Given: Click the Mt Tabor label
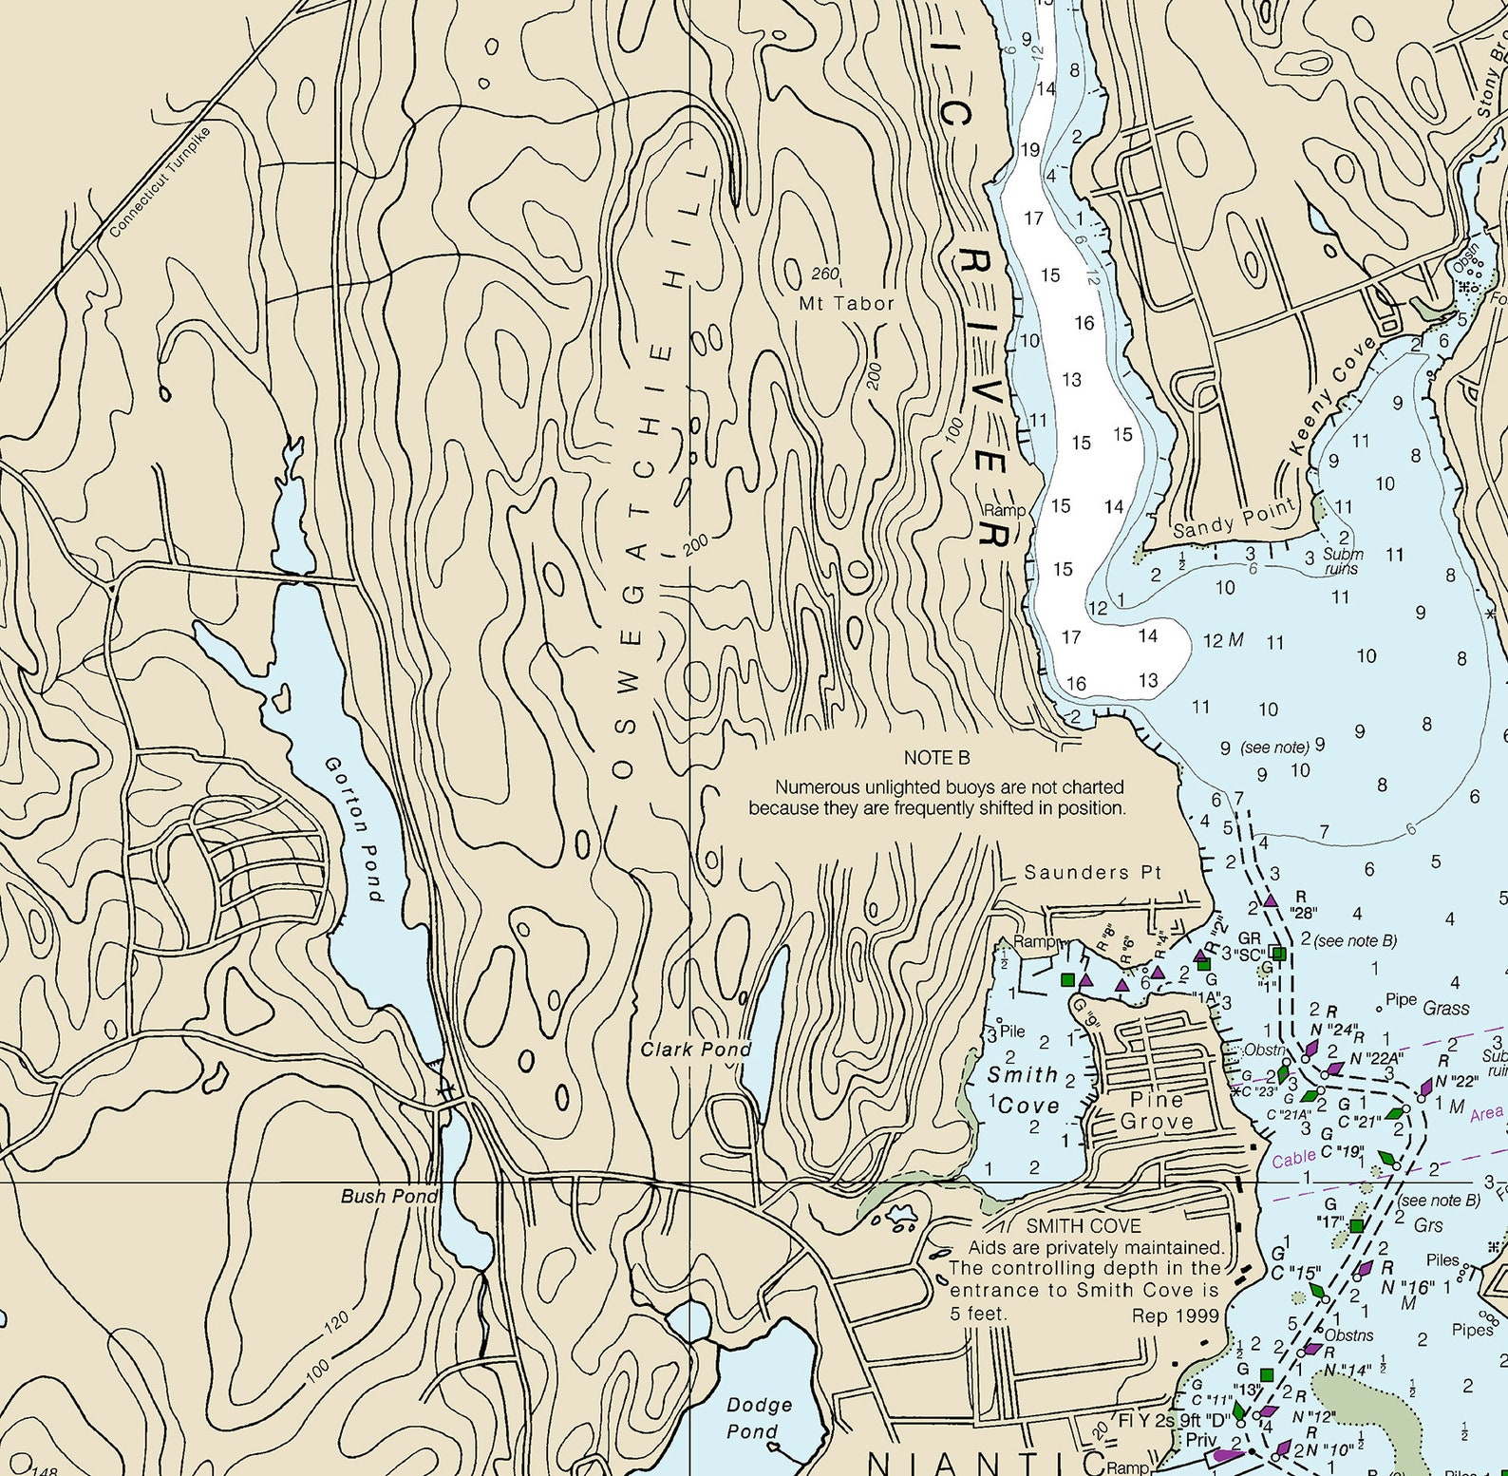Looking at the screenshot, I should tap(845, 304).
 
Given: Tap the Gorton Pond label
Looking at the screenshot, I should tap(353, 828).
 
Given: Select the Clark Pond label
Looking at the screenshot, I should tap(695, 1050).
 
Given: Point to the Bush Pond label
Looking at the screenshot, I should tap(389, 1196).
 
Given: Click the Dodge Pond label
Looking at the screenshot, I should tap(758, 1418).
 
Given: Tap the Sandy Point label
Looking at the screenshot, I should tap(1234, 518).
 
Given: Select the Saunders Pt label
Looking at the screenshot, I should tap(1092, 872).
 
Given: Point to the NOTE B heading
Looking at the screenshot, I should tap(936, 758).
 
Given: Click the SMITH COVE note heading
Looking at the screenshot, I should tap(1083, 1226).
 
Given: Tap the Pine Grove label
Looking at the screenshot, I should tap(1156, 1110).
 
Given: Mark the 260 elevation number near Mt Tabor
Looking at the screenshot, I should tap(825, 274).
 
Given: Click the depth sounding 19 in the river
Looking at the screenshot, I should tap(1030, 150).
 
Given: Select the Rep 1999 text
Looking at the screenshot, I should tap(1175, 1315).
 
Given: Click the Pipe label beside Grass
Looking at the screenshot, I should tap(1401, 999).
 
